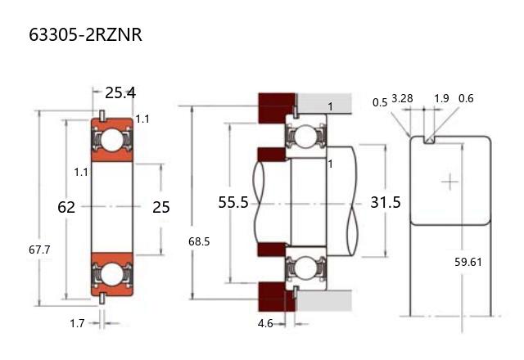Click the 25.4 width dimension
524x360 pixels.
coord(120,92)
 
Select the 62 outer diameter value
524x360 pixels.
coord(66,207)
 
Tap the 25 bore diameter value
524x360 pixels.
coord(161,207)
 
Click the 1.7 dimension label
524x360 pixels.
coord(77,323)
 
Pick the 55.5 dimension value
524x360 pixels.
coord(233,202)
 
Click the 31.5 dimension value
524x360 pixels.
coord(386,202)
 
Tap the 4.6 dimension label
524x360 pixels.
coord(265,324)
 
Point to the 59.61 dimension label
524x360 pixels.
coord(469,262)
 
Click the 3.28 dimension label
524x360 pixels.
coord(402,99)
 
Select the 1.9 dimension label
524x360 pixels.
coord(441,99)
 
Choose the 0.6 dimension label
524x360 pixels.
coord(466,99)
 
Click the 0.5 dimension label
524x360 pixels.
coord(380,103)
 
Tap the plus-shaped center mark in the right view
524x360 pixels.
coord(449,180)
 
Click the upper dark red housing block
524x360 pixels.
coord(276,106)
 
